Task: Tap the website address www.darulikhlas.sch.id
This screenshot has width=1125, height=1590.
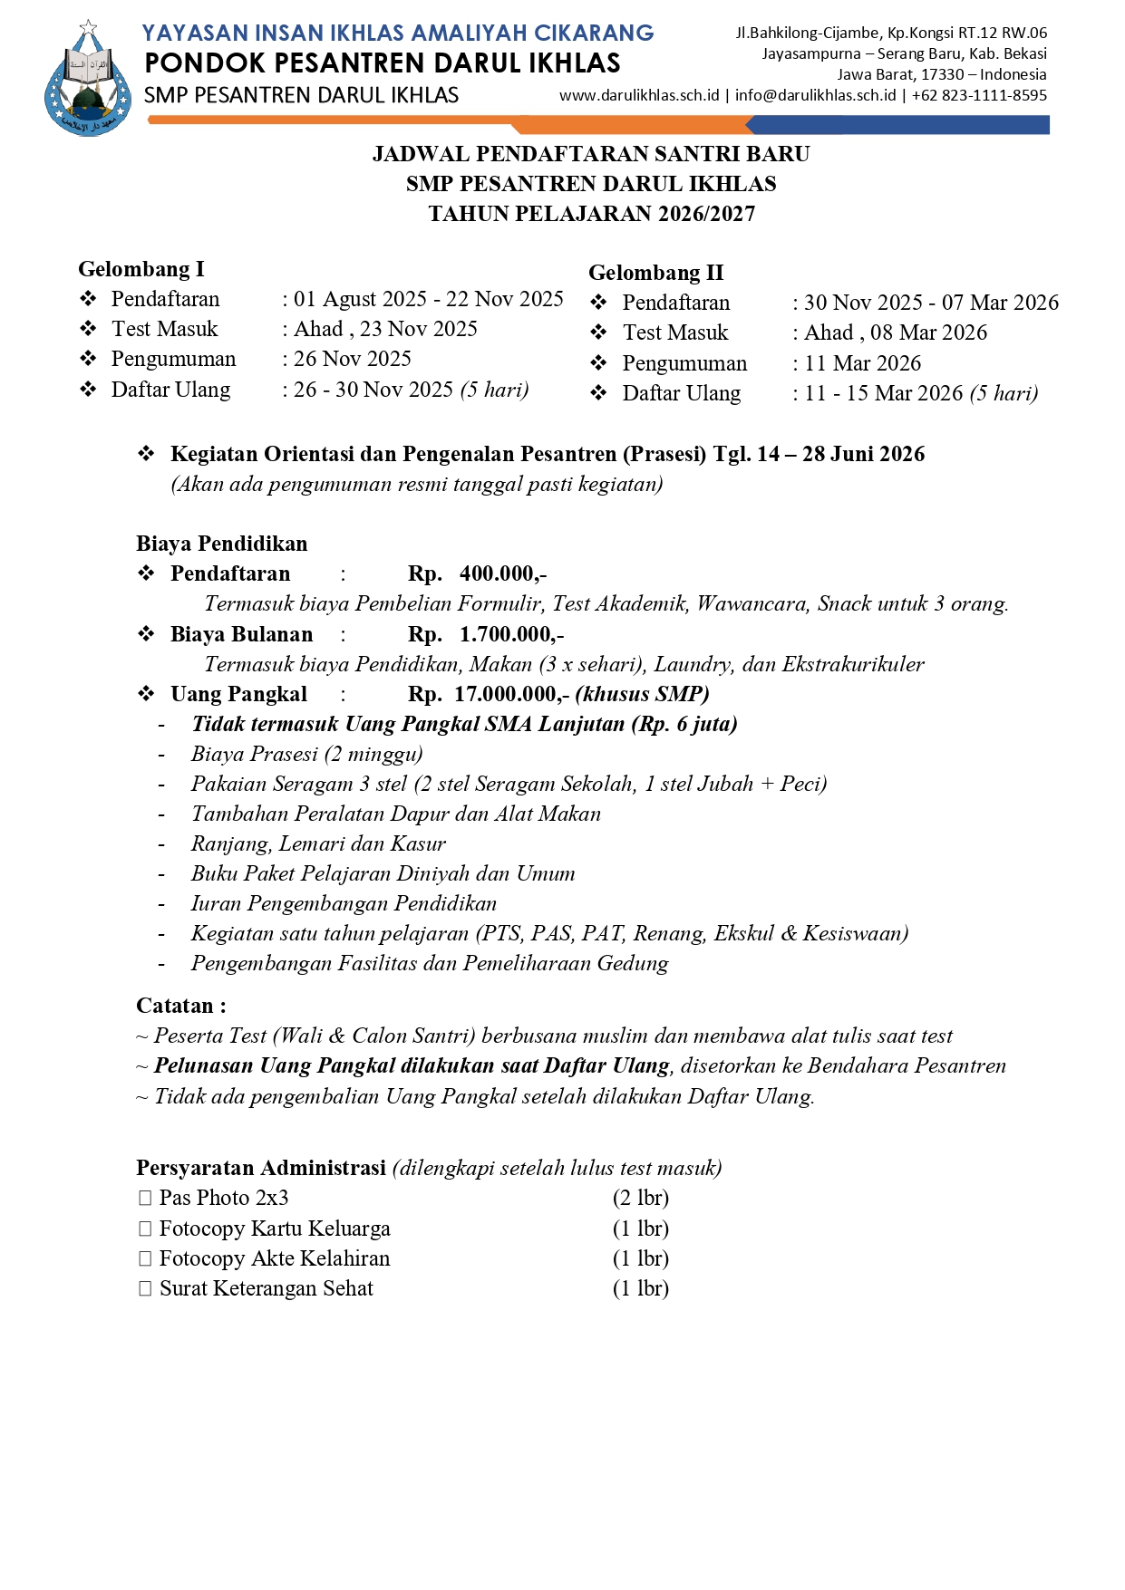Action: (x=639, y=95)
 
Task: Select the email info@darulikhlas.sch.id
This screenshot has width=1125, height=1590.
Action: (x=815, y=95)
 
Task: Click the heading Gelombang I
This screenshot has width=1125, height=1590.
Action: (x=141, y=269)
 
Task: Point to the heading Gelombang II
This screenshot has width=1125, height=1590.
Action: (x=655, y=273)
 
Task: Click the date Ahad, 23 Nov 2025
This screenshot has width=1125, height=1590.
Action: (x=385, y=329)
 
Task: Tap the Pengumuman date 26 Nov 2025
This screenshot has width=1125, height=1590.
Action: (x=352, y=359)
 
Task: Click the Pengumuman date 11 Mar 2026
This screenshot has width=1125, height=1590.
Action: (x=862, y=363)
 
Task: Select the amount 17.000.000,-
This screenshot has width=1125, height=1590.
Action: (x=511, y=694)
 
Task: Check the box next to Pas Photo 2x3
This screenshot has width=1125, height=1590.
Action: (x=145, y=1198)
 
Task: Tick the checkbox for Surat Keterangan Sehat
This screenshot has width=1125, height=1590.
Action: (x=145, y=1288)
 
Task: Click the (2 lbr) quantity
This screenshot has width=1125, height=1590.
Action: (x=640, y=1198)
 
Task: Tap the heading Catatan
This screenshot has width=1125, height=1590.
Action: (x=180, y=1006)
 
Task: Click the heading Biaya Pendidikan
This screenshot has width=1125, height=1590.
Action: (x=222, y=544)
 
